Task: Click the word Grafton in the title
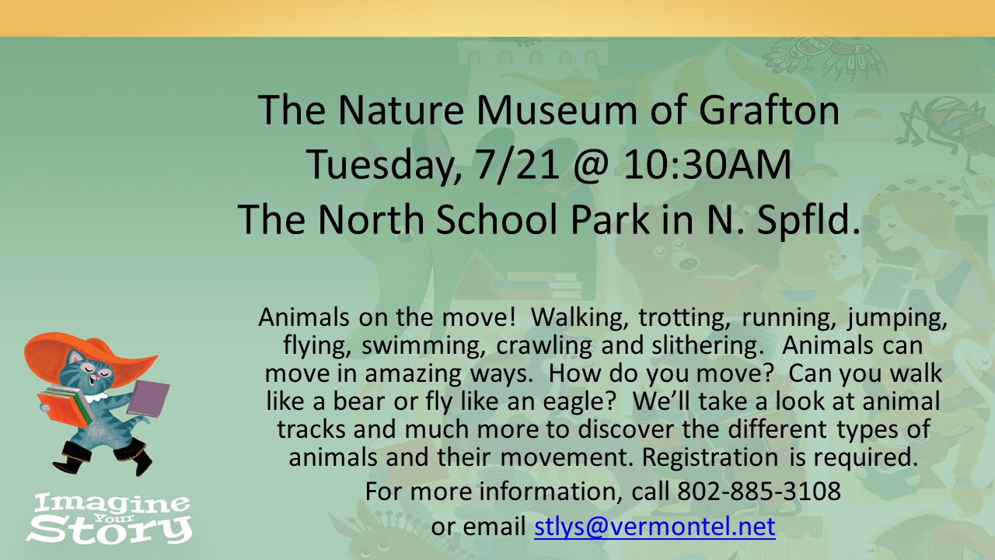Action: (x=769, y=110)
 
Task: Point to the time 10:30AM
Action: (x=707, y=164)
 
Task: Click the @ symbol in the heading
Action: (x=590, y=166)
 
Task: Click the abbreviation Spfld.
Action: (x=808, y=219)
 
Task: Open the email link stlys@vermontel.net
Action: (x=655, y=527)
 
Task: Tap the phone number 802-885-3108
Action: (x=759, y=491)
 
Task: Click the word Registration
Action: (x=710, y=457)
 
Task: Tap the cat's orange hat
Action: (x=85, y=356)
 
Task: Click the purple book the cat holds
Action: (x=148, y=398)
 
